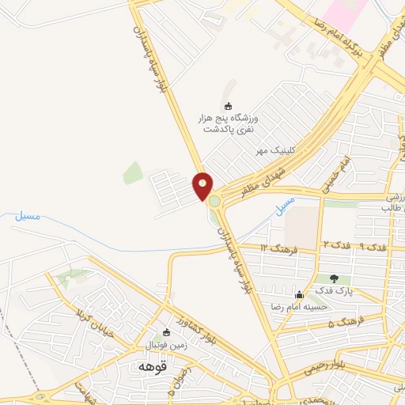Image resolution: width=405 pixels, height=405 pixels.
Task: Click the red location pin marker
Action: click(202, 187)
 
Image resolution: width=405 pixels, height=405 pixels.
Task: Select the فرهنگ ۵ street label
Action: click(348, 322)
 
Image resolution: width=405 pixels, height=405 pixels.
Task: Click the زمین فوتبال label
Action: click(162, 346)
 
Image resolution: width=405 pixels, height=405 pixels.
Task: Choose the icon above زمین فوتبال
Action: click(165, 333)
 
